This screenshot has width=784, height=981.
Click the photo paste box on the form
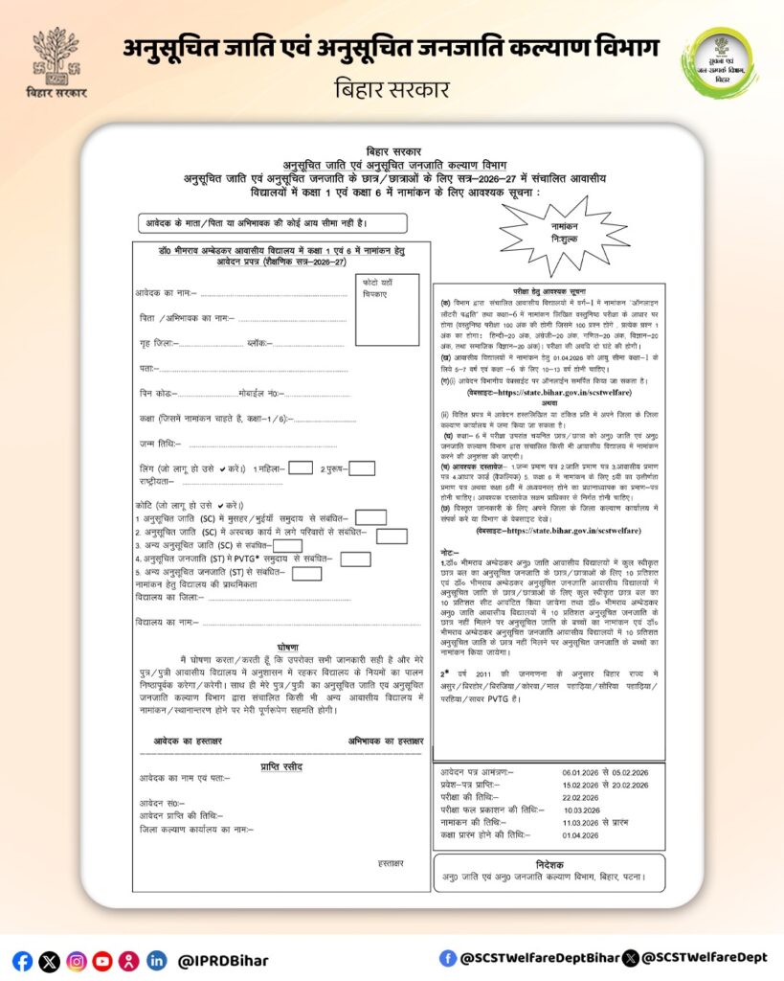[x=387, y=308]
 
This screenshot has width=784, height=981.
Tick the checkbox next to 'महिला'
[x=300, y=468]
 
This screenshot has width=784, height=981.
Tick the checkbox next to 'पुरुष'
[x=362, y=468]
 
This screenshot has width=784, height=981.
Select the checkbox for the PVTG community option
[x=355, y=559]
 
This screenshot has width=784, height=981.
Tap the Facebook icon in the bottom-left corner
[x=23, y=961]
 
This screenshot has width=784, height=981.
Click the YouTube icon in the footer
[x=102, y=961]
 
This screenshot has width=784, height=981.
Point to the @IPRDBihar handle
[x=223, y=961]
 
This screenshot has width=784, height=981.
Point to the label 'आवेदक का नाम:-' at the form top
[x=168, y=292]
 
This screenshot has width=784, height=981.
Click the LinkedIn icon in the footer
[x=156, y=961]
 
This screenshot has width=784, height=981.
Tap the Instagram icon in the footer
[x=77, y=961]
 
